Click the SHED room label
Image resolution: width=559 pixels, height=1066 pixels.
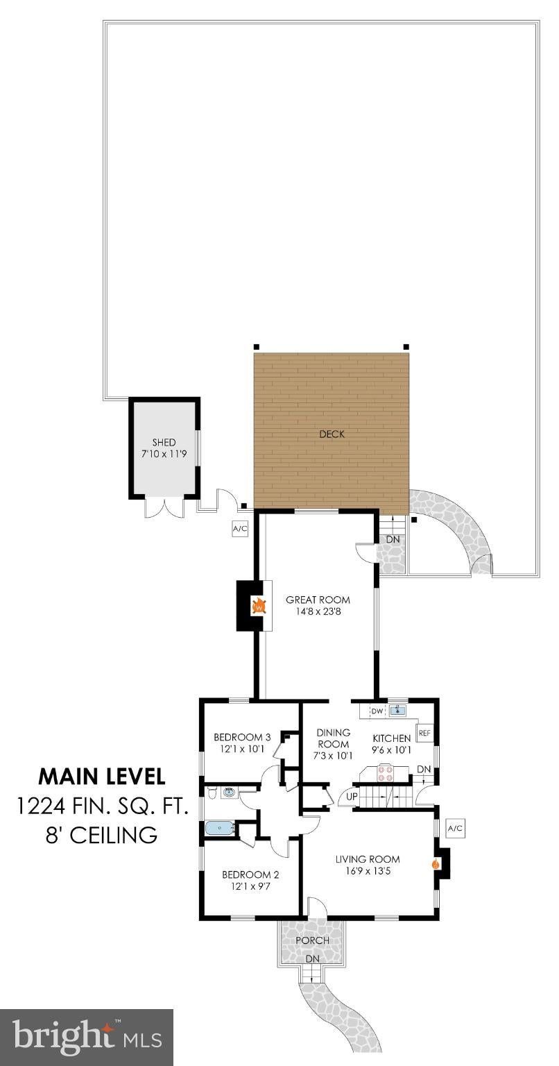click(164, 443)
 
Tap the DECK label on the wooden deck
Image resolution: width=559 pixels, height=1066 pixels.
click(332, 434)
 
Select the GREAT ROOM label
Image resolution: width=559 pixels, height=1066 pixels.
click(318, 600)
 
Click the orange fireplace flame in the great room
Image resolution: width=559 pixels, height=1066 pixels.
click(259, 607)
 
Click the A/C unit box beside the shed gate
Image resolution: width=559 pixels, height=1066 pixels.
click(240, 529)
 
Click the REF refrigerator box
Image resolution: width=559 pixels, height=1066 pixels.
click(424, 734)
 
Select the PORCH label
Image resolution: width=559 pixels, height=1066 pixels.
click(313, 940)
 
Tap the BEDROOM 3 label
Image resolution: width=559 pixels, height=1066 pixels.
click(242, 737)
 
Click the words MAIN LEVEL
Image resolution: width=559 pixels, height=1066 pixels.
click(102, 776)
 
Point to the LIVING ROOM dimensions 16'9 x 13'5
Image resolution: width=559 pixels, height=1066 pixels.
click(368, 871)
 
